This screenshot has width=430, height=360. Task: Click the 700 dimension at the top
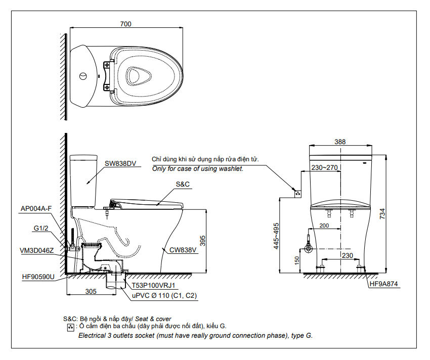[126, 24]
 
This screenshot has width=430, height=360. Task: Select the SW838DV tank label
[120, 163]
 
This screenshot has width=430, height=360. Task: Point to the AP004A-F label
[36, 208]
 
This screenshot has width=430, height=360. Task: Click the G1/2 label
[41, 229]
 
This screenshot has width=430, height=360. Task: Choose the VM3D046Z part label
[37, 250]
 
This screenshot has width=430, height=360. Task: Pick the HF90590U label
[38, 277]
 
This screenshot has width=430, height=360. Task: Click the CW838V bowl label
[183, 249]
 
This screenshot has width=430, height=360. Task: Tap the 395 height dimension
[202, 241]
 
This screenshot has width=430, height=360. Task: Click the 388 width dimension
[340, 142]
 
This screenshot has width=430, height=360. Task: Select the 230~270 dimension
[324, 167]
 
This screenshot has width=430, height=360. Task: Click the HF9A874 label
[384, 284]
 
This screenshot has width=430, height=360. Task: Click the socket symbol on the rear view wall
[298, 192]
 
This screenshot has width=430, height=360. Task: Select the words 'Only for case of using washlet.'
[198, 168]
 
